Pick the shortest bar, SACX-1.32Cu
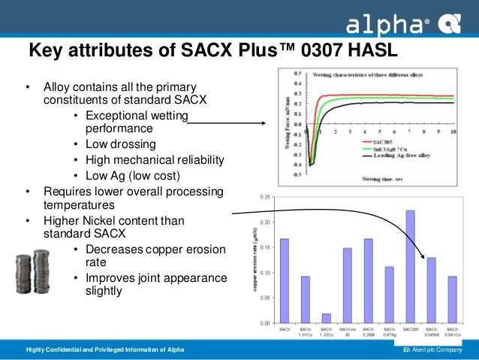click(326, 318)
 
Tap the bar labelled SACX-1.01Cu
click(305, 299)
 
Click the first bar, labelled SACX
click(284, 280)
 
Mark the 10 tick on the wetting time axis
click(453, 132)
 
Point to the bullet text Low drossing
click(121, 144)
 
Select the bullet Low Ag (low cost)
click(133, 176)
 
